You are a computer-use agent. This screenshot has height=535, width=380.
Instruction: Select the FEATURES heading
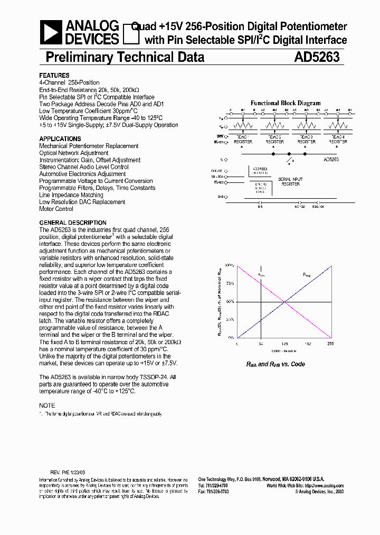click(x=54, y=76)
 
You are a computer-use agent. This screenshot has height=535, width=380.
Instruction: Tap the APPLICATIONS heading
click(x=60, y=139)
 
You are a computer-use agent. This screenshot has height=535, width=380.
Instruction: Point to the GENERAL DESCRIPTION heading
click(x=73, y=223)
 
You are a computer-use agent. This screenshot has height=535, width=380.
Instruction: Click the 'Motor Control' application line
click(x=56, y=209)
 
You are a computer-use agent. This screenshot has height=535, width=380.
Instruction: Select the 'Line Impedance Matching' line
click(x=71, y=195)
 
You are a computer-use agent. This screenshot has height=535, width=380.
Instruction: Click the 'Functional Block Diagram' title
click(x=285, y=103)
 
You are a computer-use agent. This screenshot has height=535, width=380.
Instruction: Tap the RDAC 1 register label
click(x=243, y=139)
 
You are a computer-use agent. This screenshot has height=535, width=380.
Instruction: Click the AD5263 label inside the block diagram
click(x=331, y=159)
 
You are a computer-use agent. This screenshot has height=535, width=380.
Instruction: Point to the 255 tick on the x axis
click(x=331, y=344)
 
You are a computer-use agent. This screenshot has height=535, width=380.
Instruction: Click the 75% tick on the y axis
click(x=230, y=283)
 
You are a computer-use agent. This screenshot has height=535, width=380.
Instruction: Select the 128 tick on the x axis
click(x=284, y=344)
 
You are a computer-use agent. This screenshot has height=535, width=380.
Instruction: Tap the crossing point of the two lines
click(x=284, y=301)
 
